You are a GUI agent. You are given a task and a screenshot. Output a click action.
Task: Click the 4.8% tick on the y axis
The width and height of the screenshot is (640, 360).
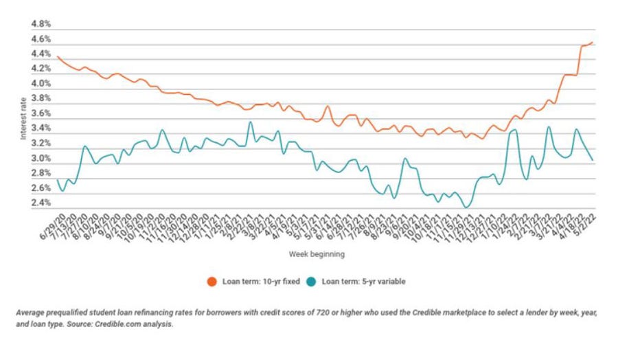pyautogui.click(x=42, y=24)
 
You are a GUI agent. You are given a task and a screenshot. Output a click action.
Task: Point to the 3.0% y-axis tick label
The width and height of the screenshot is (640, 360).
pyautogui.click(x=42, y=159)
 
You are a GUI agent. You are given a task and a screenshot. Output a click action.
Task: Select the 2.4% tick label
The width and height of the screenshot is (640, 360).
pyautogui.click(x=42, y=203)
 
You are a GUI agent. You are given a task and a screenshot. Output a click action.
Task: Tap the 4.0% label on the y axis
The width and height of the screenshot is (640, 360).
pyautogui.click(x=42, y=84)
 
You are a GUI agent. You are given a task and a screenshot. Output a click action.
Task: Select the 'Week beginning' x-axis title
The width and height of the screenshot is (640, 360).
pyautogui.click(x=317, y=254)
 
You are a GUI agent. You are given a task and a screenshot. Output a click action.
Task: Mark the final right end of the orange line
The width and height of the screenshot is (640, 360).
pyautogui.click(x=593, y=43)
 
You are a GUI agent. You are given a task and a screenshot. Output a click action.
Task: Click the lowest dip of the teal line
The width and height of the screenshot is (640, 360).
pyautogui.click(x=467, y=207)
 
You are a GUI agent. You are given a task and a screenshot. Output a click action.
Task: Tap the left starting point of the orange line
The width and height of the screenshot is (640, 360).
pyautogui.click(x=57, y=56)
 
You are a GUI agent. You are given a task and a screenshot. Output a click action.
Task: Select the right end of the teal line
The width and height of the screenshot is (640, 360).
pyautogui.click(x=593, y=160)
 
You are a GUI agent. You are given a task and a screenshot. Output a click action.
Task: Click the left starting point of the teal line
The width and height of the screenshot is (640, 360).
pyautogui.click(x=57, y=180)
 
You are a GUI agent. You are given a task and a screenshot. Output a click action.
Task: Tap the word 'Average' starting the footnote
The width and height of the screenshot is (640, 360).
pyautogui.click(x=30, y=313)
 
